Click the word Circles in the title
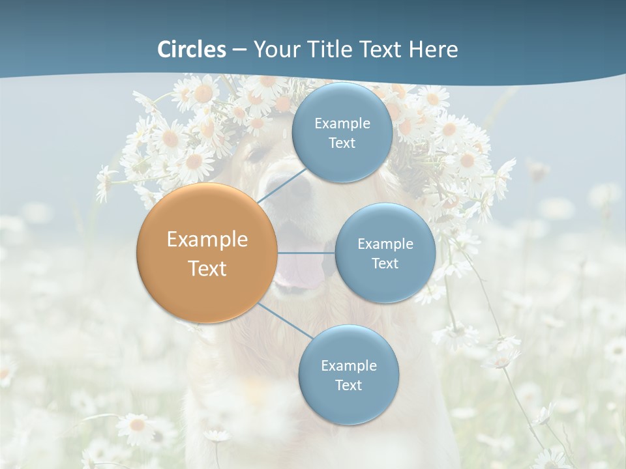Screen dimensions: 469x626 click(x=192, y=50)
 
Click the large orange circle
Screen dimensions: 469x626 click(x=207, y=253)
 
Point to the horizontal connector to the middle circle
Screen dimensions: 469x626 click(x=306, y=253)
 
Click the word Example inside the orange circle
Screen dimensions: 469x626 click(x=207, y=240)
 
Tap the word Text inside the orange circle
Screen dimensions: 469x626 click(x=207, y=268)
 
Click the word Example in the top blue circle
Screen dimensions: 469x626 click(x=342, y=124)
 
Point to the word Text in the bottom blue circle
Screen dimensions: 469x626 click(x=348, y=385)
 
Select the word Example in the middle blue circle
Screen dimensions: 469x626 click(x=385, y=244)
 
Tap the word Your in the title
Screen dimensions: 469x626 click(x=273, y=50)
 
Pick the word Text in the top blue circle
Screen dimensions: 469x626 click(x=342, y=143)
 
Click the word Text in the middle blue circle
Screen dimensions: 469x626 click(x=385, y=264)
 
